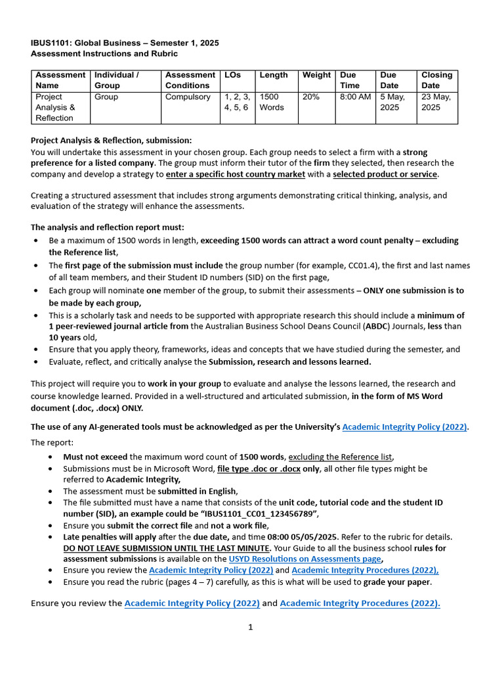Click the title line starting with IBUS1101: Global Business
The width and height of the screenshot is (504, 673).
coord(125,43)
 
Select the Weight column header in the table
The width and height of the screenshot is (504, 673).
coord(316,75)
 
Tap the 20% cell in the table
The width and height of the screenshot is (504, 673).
coord(311,97)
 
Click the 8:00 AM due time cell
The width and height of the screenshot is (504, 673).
coord(355,97)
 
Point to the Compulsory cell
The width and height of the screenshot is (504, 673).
coord(188,97)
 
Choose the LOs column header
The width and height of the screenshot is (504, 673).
coord(233,75)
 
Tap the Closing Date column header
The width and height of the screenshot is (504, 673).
coord(436,80)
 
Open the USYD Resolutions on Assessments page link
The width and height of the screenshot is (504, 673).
coord(305,559)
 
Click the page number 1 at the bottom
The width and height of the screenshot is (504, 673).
coord(250,627)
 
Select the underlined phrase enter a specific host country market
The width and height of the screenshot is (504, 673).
coord(236,174)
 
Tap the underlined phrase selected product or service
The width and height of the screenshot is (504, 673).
coord(385,174)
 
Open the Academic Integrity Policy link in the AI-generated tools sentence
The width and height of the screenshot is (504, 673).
coord(405,427)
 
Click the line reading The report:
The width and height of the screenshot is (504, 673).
coord(49,443)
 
